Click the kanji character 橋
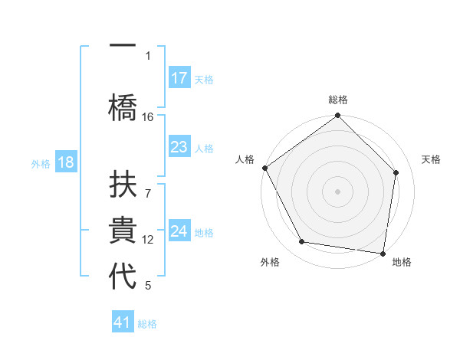point(123,103)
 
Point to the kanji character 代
point(123,275)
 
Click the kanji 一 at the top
point(123,47)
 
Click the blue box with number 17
point(179,78)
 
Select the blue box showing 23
point(179,147)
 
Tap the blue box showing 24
point(179,231)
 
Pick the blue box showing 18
point(65,163)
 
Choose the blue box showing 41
point(123,322)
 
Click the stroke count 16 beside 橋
point(148,116)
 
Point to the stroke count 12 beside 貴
point(148,240)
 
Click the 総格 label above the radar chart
point(338,100)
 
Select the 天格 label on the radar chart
point(431,159)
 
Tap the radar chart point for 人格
point(265,168)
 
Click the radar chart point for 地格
point(383,252)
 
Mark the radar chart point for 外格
point(302,242)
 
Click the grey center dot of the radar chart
point(338,191)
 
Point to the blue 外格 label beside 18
point(40,164)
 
